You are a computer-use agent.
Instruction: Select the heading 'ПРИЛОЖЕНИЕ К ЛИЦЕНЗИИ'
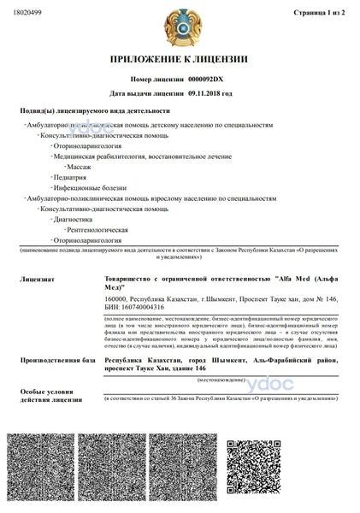[x=179, y=59]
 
